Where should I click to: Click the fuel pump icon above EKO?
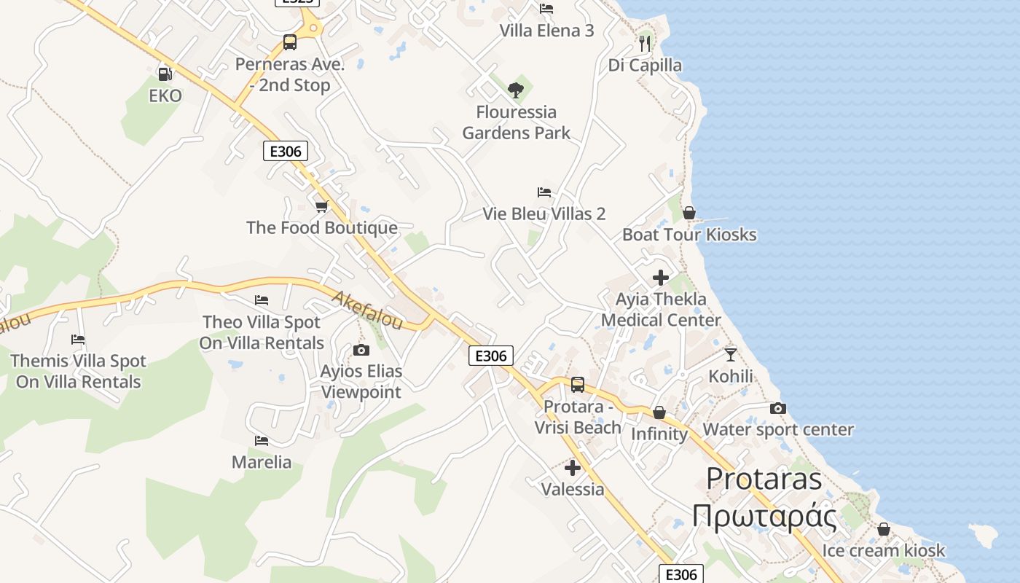click(x=165, y=74)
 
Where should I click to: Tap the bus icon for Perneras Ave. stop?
click(x=290, y=42)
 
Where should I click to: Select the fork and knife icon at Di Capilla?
click(x=644, y=44)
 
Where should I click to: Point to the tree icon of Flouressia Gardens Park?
click(x=516, y=90)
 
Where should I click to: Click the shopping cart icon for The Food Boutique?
click(x=322, y=207)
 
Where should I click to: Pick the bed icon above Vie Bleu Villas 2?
click(x=544, y=192)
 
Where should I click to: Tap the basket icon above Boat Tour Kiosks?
click(x=688, y=213)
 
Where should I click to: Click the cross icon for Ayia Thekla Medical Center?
click(x=661, y=278)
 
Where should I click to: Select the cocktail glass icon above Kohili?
click(x=731, y=355)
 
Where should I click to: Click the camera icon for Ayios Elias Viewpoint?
click(x=361, y=351)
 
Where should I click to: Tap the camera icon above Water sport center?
click(x=778, y=409)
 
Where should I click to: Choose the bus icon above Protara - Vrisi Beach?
click(x=578, y=384)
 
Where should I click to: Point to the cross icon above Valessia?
click(x=573, y=468)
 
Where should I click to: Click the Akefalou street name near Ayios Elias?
click(x=367, y=310)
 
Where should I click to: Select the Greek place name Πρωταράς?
click(x=764, y=516)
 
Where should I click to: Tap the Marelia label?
click(x=262, y=462)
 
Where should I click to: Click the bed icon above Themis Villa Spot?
click(x=78, y=340)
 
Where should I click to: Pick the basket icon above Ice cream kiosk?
click(x=884, y=529)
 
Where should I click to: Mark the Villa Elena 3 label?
click(x=547, y=31)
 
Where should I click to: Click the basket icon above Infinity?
click(x=659, y=413)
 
